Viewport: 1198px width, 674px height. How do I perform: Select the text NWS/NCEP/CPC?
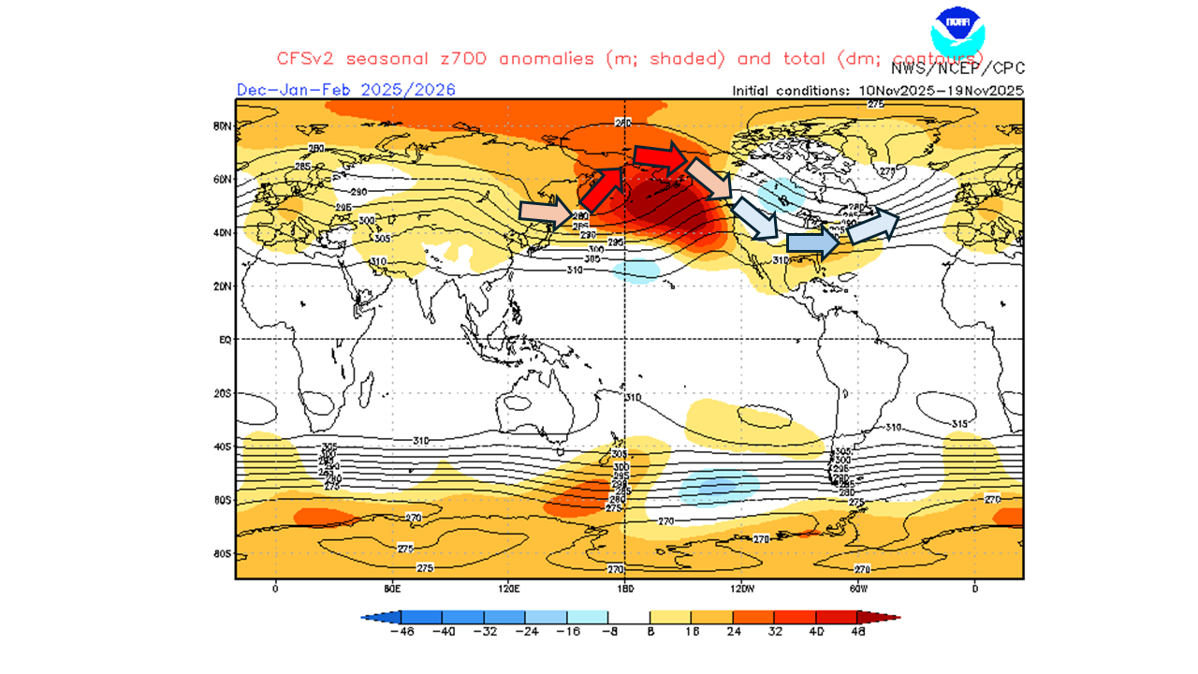click(957, 68)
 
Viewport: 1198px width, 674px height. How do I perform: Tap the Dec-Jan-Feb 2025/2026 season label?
click(345, 90)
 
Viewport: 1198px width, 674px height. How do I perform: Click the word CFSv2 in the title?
click(306, 58)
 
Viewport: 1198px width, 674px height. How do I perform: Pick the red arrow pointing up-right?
click(601, 187)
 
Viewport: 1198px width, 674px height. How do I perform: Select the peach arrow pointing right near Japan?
click(547, 213)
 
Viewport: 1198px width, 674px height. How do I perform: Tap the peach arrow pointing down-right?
click(709, 178)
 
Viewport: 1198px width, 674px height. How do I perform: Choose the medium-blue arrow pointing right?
click(811, 242)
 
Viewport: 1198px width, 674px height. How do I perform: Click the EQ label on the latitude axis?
click(225, 340)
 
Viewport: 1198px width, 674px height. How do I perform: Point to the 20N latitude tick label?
click(223, 286)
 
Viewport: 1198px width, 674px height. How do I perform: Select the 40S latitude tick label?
click(223, 447)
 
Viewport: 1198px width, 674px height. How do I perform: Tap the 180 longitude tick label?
click(625, 589)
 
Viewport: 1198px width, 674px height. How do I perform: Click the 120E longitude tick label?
click(508, 589)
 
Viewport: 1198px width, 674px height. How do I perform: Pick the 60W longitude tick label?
click(858, 589)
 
